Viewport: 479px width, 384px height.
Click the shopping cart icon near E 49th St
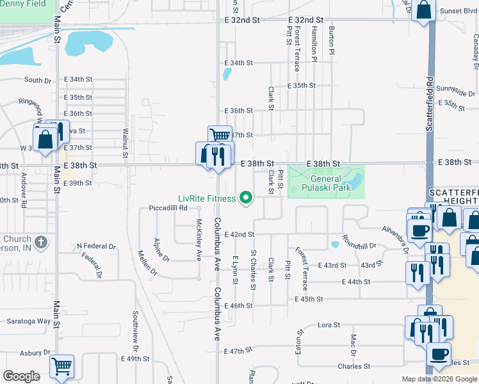click(x=61, y=366)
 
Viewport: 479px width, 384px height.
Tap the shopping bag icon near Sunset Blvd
click(x=424, y=11)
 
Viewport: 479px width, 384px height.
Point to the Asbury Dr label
click(x=35, y=353)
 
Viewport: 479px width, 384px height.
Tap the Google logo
click(x=21, y=376)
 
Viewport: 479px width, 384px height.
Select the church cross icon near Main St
click(x=42, y=243)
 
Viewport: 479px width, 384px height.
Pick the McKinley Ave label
click(x=199, y=241)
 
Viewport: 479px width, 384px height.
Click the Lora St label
click(x=329, y=325)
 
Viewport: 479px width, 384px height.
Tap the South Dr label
click(x=37, y=81)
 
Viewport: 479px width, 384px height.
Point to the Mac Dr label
click(x=353, y=345)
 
